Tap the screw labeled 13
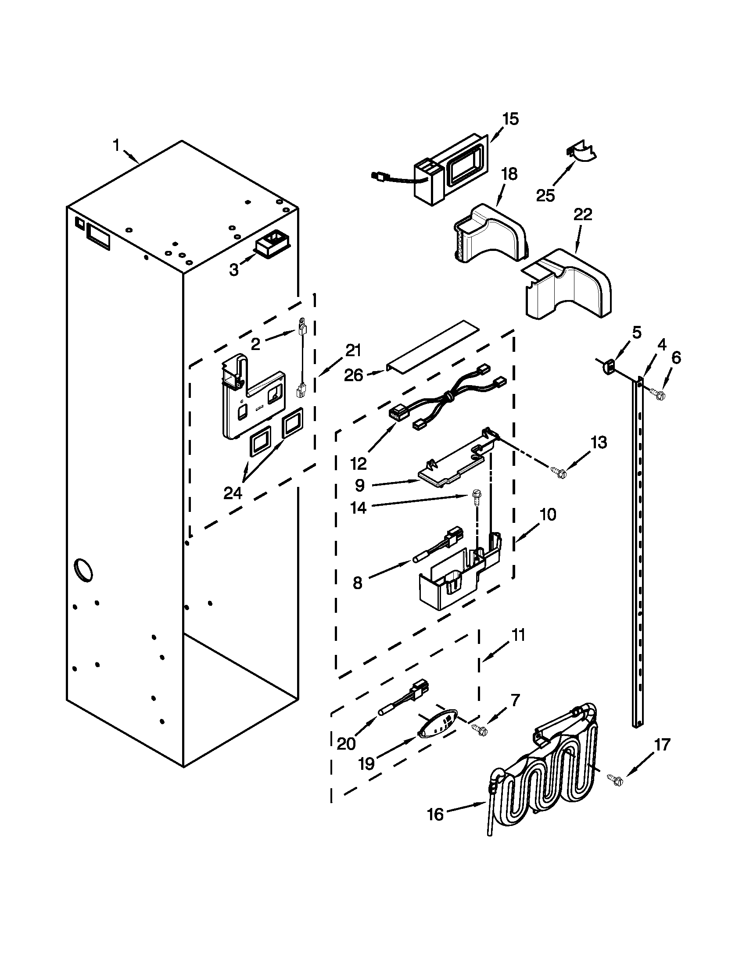click(559, 472)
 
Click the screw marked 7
click(479, 729)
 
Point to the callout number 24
click(233, 493)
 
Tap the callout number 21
click(353, 351)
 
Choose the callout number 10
click(548, 515)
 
